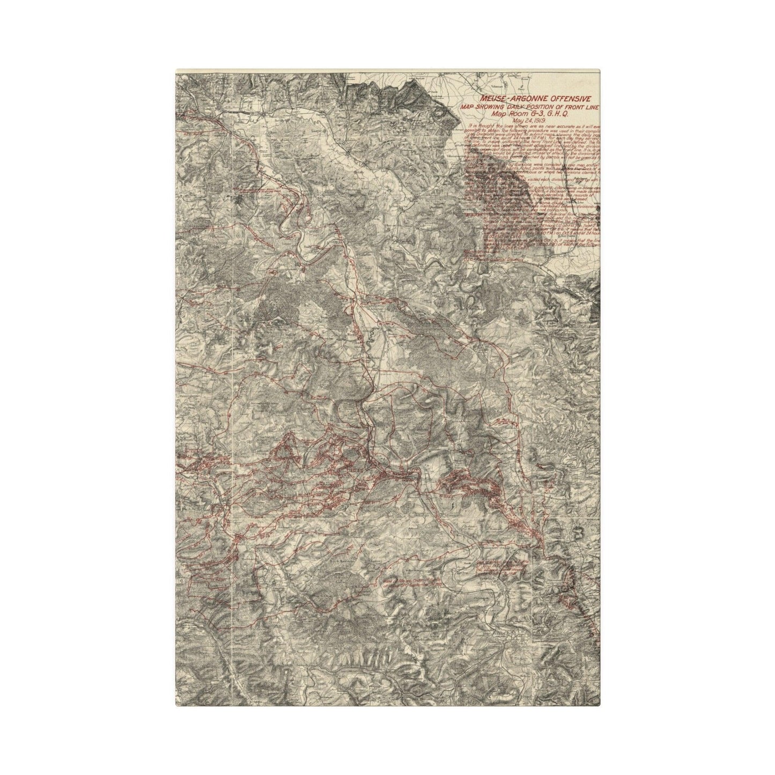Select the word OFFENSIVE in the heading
tap(570, 100)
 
